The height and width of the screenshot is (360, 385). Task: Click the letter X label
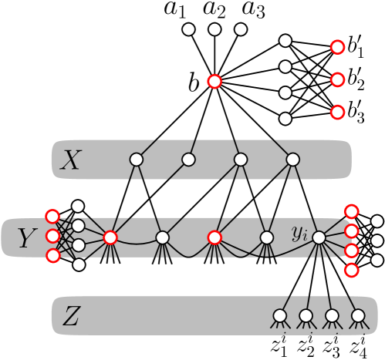pos(70,160)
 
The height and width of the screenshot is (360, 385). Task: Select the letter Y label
pos(27,239)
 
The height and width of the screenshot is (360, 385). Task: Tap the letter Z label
pos(70,316)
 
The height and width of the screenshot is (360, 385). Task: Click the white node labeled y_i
pos(319,237)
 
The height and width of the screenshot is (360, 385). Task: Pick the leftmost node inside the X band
pos(137,160)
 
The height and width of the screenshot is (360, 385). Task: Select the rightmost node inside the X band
pos(293,160)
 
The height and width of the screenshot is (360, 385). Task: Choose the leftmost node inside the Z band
pos(280,315)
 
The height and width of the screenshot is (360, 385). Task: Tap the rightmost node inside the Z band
pos(358,315)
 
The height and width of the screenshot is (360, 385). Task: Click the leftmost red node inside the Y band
pos(110,237)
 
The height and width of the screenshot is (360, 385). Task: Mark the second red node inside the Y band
pos(214,237)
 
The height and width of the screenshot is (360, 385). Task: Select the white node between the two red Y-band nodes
pos(163,237)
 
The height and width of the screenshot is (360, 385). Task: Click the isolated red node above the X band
pos(214,81)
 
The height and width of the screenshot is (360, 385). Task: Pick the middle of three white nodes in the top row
pos(214,29)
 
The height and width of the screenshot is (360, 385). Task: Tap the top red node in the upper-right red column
pos(337,47)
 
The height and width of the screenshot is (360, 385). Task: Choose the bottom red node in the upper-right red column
pos(337,113)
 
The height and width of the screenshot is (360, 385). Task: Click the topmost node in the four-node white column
pos(285,40)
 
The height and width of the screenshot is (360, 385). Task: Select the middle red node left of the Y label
pos(52,236)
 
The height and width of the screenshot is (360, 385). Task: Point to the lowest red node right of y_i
pos(351,270)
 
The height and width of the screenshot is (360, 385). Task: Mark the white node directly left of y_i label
pos(267,237)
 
